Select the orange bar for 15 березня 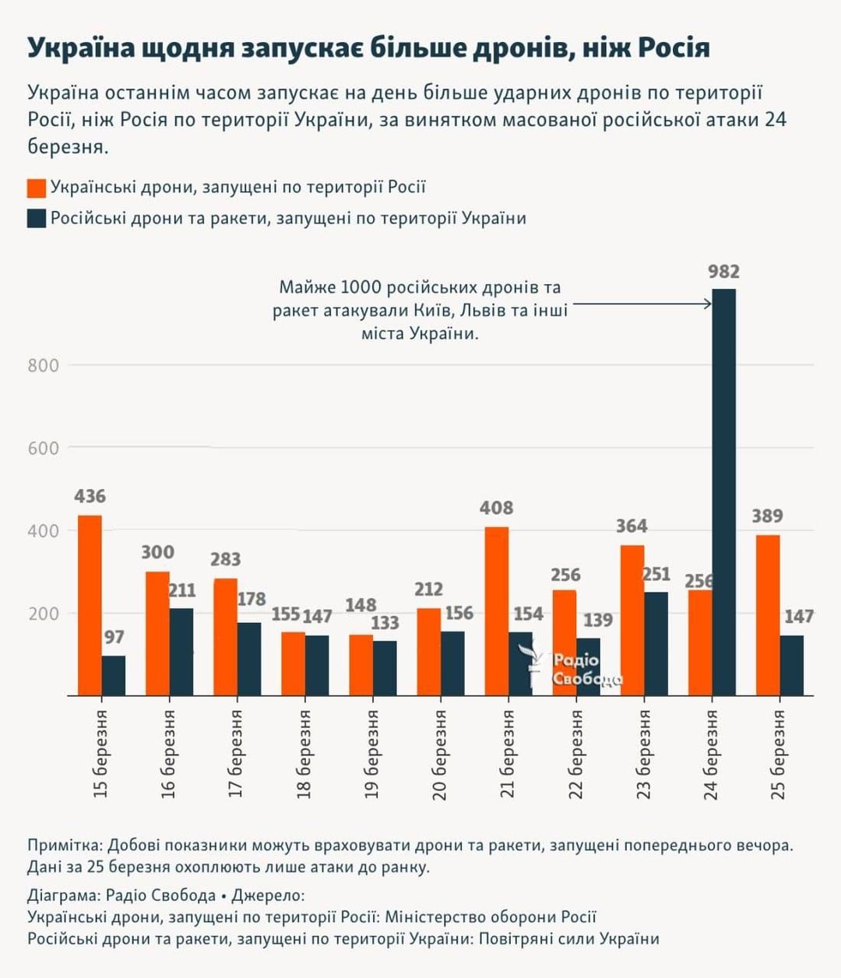(x=90, y=605)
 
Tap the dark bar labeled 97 (x=114, y=675)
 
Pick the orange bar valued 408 (x=496, y=611)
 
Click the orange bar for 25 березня (x=767, y=615)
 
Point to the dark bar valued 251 (x=656, y=643)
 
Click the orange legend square (x=37, y=188)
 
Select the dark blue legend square (x=37, y=218)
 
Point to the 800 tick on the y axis (x=44, y=365)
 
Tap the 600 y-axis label (x=44, y=449)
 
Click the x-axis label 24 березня (x=711, y=755)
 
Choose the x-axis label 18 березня (x=304, y=755)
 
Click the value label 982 (x=723, y=272)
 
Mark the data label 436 (x=90, y=497)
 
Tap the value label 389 (x=767, y=516)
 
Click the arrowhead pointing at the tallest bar (x=707, y=304)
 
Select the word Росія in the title (x=674, y=48)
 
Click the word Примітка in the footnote (x=63, y=846)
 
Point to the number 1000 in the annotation (x=361, y=287)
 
